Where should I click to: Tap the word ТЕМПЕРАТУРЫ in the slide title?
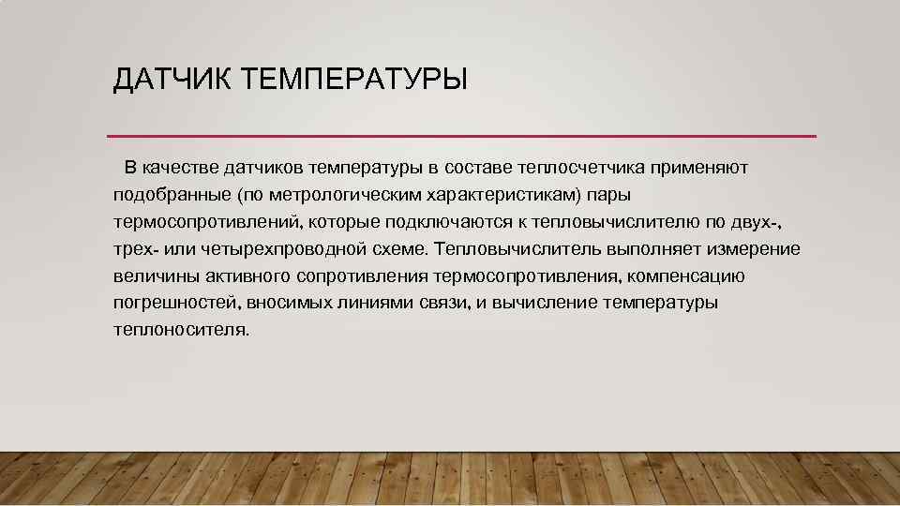pyautogui.click(x=353, y=80)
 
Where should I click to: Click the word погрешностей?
pyautogui.click(x=173, y=303)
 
